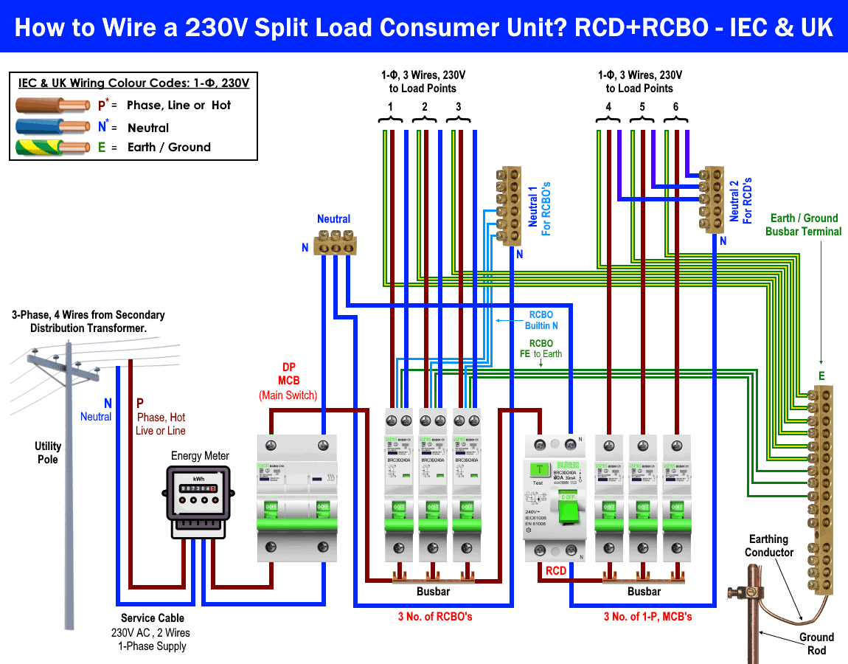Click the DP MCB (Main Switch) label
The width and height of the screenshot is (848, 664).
click(x=288, y=381)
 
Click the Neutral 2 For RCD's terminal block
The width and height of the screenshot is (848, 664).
click(x=710, y=198)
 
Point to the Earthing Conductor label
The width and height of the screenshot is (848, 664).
click(x=768, y=546)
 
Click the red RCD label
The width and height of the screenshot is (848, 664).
click(x=556, y=571)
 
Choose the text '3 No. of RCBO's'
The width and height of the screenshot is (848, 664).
click(x=434, y=616)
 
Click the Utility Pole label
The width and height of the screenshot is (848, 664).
click(x=48, y=452)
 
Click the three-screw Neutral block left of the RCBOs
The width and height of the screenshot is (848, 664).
click(x=334, y=242)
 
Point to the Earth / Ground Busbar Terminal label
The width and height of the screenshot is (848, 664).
click(x=803, y=224)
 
